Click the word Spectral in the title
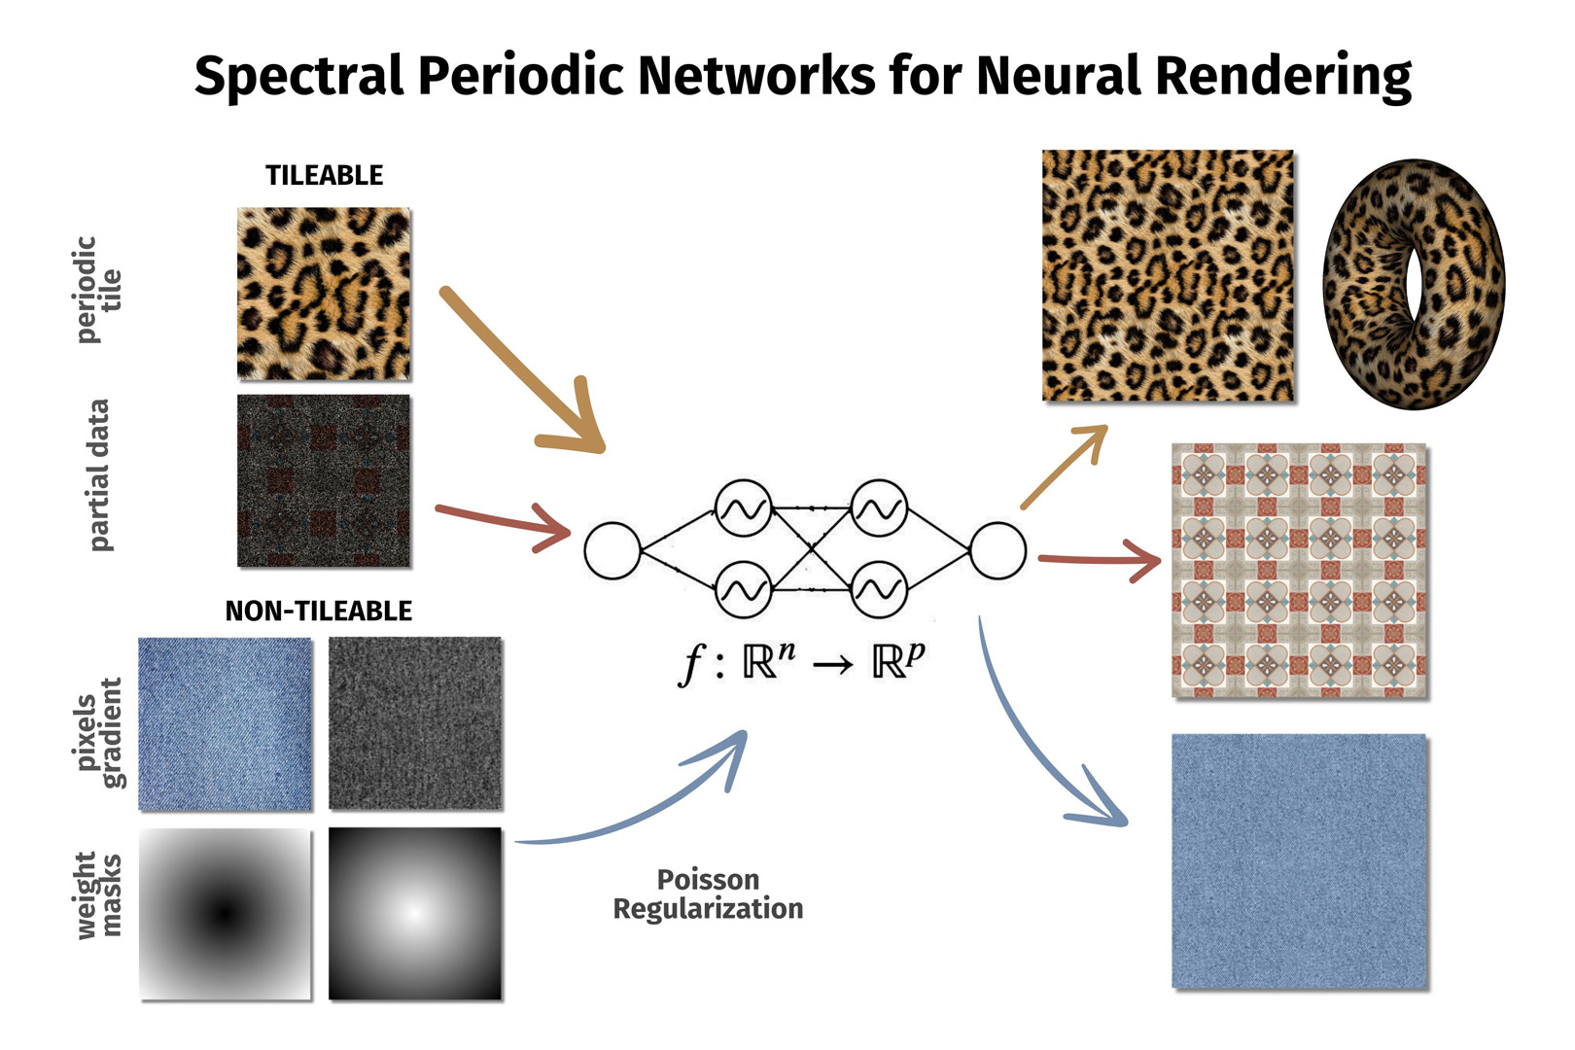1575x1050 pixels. [298, 76]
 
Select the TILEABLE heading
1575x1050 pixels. [325, 175]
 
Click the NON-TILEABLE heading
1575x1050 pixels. [319, 611]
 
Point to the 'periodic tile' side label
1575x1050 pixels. [98, 290]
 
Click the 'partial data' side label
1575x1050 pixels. [98, 475]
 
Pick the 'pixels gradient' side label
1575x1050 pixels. [98, 733]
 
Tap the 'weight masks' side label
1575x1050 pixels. [98, 895]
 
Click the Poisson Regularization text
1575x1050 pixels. [708, 893]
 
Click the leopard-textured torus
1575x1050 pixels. [1414, 284]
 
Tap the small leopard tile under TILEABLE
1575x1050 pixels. [324, 294]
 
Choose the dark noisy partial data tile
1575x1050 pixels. [324, 480]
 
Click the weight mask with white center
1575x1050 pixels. [415, 913]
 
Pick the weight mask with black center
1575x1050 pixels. [226, 913]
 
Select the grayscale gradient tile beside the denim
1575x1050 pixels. [415, 723]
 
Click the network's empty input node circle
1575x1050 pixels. [612, 550]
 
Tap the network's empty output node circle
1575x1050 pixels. [997, 550]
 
